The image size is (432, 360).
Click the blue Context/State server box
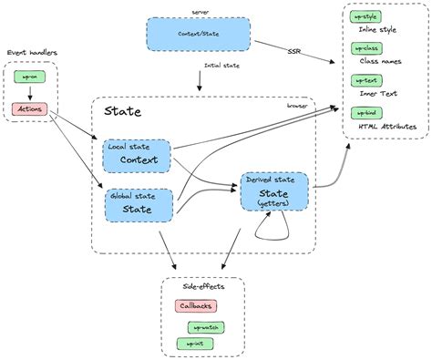click(198, 35)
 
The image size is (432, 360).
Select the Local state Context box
click(137, 156)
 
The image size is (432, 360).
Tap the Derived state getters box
click(274, 191)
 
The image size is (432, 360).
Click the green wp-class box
click(365, 46)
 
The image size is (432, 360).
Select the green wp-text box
click(365, 80)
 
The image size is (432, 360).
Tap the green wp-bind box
click(365, 112)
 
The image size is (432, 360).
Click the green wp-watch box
click(207, 326)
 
